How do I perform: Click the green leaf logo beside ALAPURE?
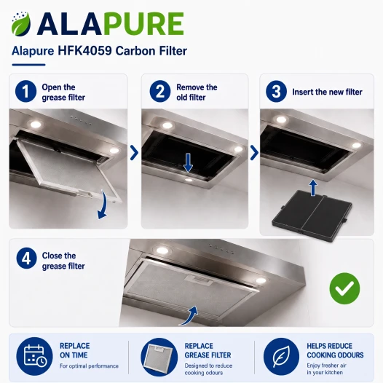click(21, 24)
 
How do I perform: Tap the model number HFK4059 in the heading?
click(84, 51)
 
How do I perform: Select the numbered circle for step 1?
click(25, 91)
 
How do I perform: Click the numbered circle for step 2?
click(160, 91)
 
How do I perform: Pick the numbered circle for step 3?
click(276, 91)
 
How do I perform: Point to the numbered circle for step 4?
click(27, 258)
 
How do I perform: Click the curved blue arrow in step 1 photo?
click(104, 205)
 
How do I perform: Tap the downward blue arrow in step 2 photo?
click(188, 162)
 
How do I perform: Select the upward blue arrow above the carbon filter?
click(313, 188)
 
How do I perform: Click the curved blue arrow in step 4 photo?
click(191, 315)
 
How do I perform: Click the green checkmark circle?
click(344, 288)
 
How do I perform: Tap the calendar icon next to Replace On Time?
click(35, 355)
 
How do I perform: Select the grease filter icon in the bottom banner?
click(159, 356)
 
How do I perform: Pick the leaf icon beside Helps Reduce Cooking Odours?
click(281, 356)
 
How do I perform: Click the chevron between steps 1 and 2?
click(134, 153)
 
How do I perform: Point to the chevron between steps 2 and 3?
click(254, 153)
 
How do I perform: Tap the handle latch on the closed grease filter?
click(200, 280)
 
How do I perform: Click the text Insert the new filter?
click(328, 92)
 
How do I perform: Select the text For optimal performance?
click(89, 366)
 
